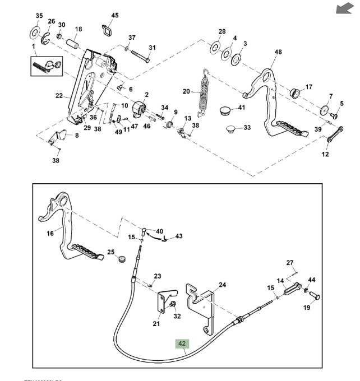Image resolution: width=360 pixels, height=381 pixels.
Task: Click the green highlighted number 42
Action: [182, 344]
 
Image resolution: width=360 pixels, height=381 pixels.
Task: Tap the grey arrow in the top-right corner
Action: [343, 8]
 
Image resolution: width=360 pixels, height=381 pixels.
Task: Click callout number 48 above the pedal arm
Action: [278, 52]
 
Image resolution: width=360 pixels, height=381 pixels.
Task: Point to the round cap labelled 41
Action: [224, 109]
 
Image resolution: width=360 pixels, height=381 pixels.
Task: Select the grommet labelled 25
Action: [119, 259]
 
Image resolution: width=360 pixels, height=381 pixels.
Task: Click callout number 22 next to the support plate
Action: [59, 96]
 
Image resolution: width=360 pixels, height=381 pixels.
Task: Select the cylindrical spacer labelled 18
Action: [72, 43]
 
